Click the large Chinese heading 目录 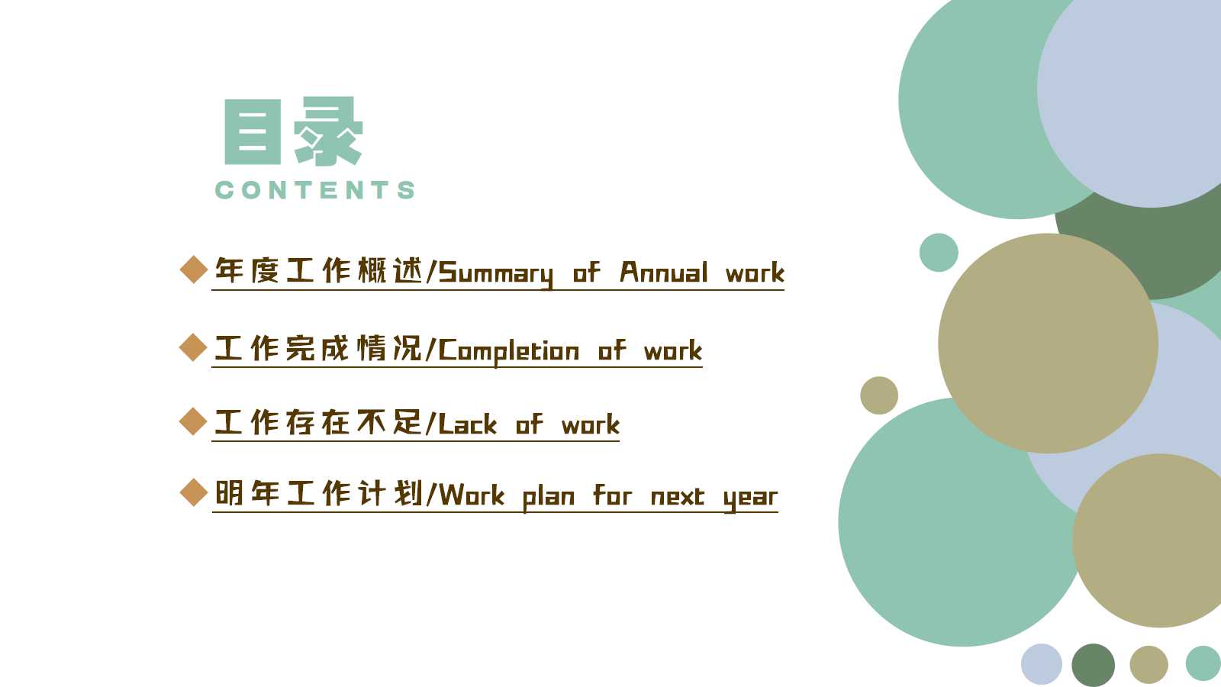[294, 131]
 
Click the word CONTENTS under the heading [315, 190]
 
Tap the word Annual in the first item [664, 272]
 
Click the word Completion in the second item [508, 351]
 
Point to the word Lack [468, 424]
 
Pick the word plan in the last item [549, 497]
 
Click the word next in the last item [678, 497]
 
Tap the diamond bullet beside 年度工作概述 [194, 270]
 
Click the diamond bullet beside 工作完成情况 [193, 347]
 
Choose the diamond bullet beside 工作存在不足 [193, 421]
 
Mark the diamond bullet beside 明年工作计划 [194, 492]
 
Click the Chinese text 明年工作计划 [319, 493]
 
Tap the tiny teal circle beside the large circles [939, 253]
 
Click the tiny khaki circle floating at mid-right [879, 395]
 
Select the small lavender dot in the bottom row [1042, 664]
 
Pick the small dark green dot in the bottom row [1094, 665]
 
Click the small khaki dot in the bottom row [1149, 665]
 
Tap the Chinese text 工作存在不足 [319, 423]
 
